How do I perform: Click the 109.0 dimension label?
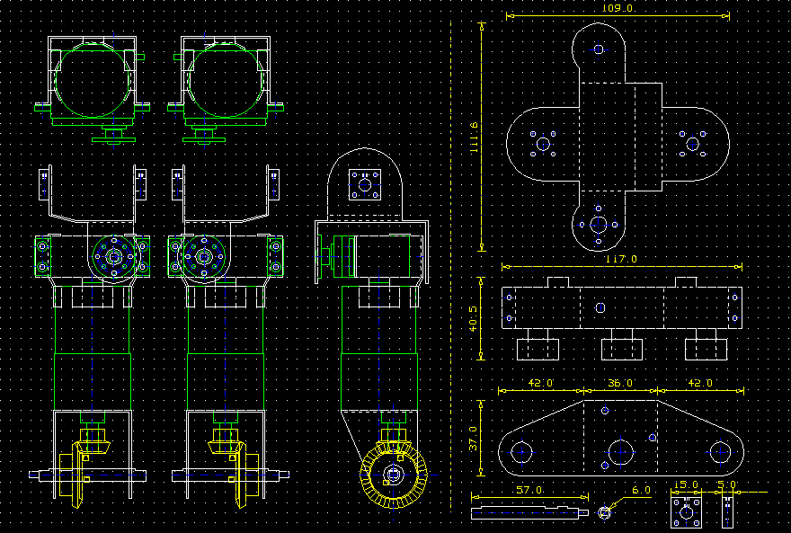point(618,9)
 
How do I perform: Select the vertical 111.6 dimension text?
point(473,138)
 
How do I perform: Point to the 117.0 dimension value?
point(621,259)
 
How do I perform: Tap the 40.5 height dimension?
point(473,319)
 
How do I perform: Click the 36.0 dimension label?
point(620,383)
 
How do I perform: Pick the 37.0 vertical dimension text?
point(473,439)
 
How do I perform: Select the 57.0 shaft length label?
point(529,490)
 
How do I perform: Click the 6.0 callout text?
point(641,490)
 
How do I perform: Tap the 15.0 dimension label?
point(686,485)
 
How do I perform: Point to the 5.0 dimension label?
point(727,485)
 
